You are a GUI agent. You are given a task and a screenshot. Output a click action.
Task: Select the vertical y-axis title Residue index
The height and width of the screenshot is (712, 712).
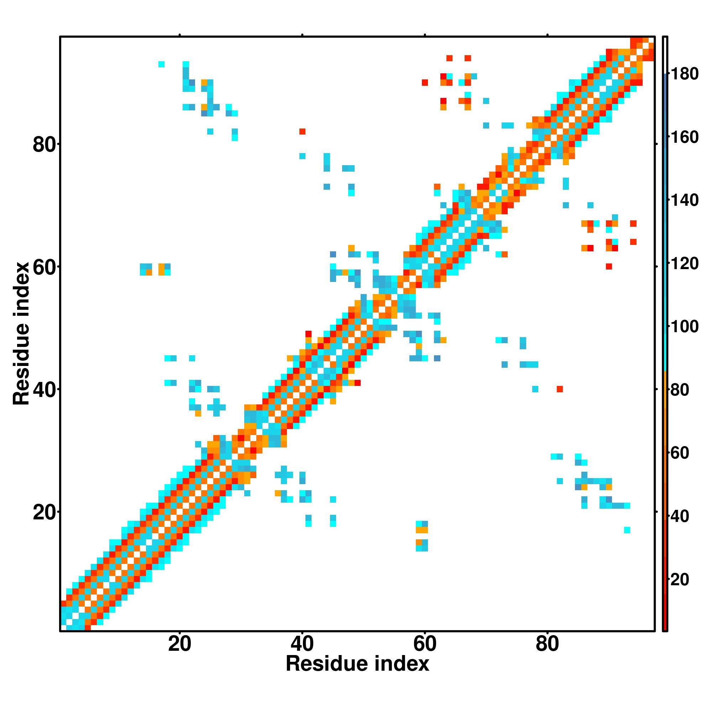click(x=21, y=334)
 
